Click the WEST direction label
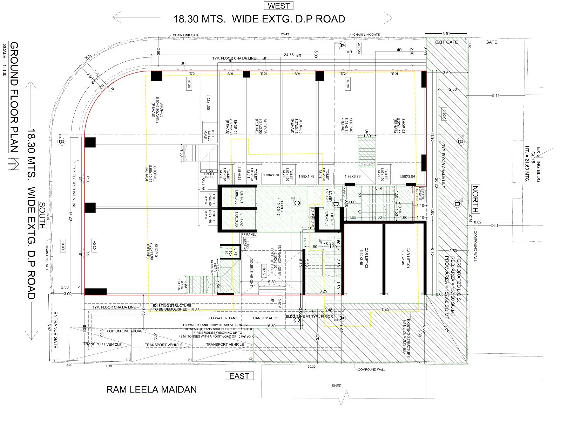click(x=279, y=6)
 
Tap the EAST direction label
click(x=239, y=376)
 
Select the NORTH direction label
click(x=475, y=199)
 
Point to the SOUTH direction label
click(x=42, y=215)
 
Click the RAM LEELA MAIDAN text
click(x=151, y=389)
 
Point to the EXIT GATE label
click(x=446, y=42)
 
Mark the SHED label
click(x=336, y=386)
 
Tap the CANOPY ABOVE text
click(x=267, y=318)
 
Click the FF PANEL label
click(x=249, y=235)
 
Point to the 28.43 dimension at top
click(x=285, y=34)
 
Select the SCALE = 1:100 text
click(x=5, y=60)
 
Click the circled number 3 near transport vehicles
click(x=128, y=360)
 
